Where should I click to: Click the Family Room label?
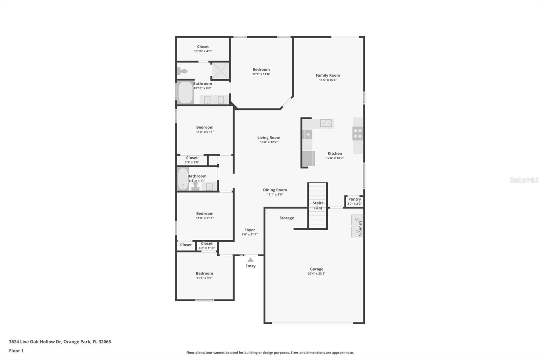[x=328, y=75]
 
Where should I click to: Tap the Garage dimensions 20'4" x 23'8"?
[x=317, y=274]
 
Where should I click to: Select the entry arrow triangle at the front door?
[x=250, y=260]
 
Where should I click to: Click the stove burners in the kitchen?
[x=358, y=133]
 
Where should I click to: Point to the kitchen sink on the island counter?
[x=326, y=123]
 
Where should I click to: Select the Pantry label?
[x=354, y=199]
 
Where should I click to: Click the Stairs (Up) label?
[x=318, y=205]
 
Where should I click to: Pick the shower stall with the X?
[x=220, y=71]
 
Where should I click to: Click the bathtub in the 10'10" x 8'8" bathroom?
[x=186, y=93]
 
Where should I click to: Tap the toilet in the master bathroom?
[x=182, y=71]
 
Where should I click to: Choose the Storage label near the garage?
[x=287, y=218]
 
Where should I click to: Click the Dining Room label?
[x=275, y=190]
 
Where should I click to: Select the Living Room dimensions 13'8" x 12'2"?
[x=269, y=142]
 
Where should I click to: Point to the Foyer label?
[x=249, y=230]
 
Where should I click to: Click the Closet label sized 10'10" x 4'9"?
[x=203, y=47]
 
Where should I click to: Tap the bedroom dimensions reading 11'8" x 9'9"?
[x=204, y=278]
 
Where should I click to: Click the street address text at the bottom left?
[x=60, y=342]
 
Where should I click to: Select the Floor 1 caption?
[x=16, y=351]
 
